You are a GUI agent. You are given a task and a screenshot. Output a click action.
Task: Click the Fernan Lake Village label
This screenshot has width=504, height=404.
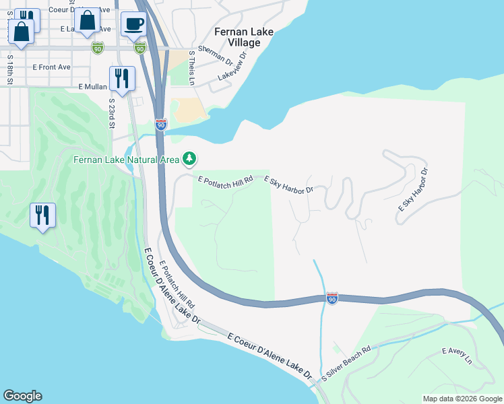click(237, 37)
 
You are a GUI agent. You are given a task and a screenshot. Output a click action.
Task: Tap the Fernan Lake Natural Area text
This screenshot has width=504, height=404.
click(126, 160)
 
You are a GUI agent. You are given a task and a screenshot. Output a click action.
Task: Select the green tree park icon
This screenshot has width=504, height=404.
click(190, 159)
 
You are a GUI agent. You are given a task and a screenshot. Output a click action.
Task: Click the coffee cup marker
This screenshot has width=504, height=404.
click(133, 24)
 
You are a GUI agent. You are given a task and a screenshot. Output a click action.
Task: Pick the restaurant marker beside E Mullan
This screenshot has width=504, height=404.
click(122, 78)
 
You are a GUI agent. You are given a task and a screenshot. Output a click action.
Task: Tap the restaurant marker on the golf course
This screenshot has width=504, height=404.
click(42, 215)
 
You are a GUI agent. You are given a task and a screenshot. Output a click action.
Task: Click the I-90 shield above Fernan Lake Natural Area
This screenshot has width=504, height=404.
click(160, 125)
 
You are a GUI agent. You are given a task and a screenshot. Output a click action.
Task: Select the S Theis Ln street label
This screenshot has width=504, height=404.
click(192, 67)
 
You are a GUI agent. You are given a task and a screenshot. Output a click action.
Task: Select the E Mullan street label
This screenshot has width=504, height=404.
click(93, 87)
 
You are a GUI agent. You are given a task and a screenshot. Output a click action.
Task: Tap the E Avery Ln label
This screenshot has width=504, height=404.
click(457, 356)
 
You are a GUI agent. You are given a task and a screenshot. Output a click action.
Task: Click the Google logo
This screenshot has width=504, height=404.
click(22, 396)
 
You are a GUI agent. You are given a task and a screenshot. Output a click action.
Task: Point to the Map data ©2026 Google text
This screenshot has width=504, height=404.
click(462, 399)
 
